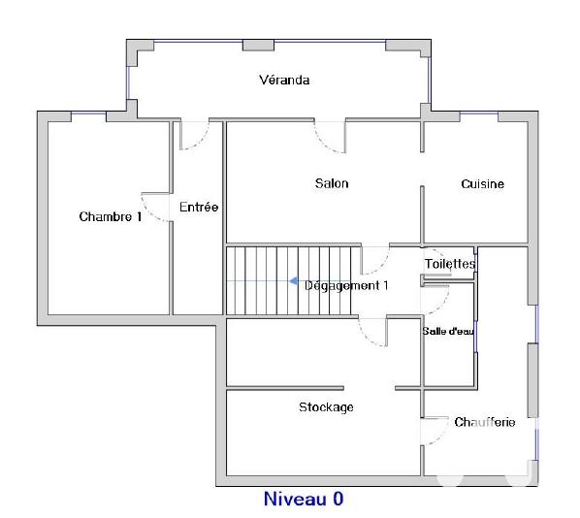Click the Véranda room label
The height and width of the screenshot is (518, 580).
(x=284, y=80)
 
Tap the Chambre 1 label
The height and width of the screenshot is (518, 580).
(x=110, y=216)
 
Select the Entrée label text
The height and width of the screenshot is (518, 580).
(x=199, y=207)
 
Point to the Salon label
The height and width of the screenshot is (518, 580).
(x=332, y=183)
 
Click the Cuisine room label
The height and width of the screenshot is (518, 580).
(x=482, y=183)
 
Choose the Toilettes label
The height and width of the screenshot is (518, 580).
(x=450, y=263)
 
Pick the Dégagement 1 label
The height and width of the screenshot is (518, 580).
(x=346, y=285)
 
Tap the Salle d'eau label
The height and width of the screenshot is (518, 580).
(x=447, y=331)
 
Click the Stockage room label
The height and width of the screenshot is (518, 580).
(x=326, y=406)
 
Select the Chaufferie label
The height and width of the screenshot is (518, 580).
(x=484, y=422)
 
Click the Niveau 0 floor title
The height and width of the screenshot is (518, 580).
(x=304, y=500)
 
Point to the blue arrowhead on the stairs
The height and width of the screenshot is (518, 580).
(x=293, y=281)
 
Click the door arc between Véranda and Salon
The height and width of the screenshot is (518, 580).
(x=330, y=138)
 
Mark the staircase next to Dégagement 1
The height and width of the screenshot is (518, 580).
(x=259, y=280)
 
